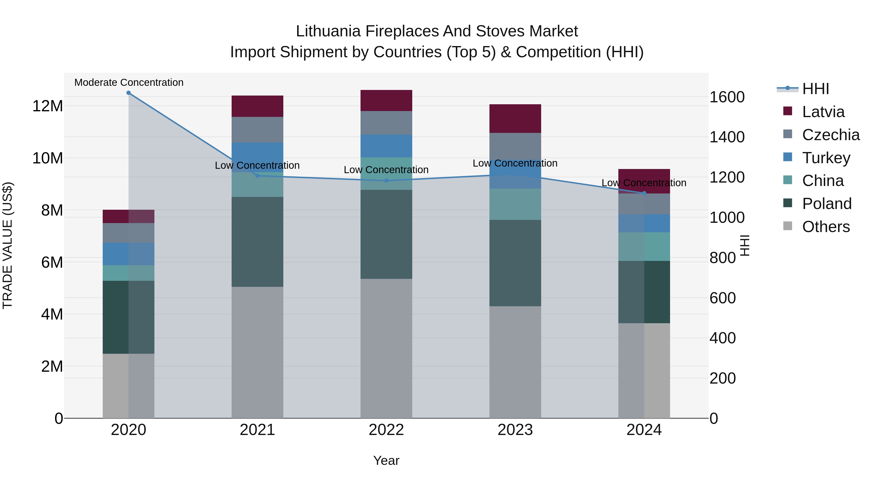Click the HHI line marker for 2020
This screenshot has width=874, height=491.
point(129,93)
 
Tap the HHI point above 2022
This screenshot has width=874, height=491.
point(386,181)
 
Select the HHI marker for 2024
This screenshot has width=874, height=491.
point(644,193)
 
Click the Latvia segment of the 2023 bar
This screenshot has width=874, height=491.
point(515,119)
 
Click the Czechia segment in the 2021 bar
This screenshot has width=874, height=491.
point(257,130)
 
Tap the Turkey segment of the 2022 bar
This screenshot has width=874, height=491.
point(386,146)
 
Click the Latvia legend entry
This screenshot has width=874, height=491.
point(823,112)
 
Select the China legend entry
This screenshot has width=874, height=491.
point(823,181)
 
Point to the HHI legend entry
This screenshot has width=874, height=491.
point(815,89)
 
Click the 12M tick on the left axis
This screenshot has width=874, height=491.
point(48,106)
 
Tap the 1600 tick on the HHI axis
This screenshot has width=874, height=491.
point(727,97)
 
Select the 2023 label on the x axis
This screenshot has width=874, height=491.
point(515,430)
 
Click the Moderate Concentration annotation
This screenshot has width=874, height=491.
point(129,82)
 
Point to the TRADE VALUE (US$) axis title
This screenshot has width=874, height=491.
point(8,245)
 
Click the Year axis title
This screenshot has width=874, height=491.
point(386,460)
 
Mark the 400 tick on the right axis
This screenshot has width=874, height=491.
point(723,338)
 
